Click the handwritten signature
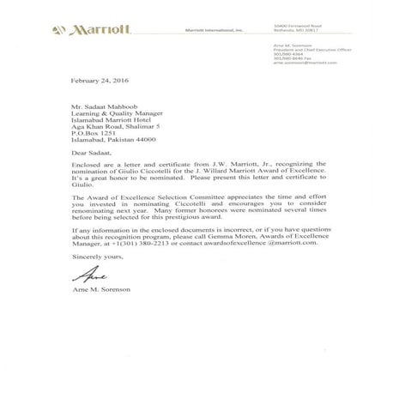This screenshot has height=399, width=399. coord(89,277)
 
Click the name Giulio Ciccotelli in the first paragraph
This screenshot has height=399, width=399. coord(141,181)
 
